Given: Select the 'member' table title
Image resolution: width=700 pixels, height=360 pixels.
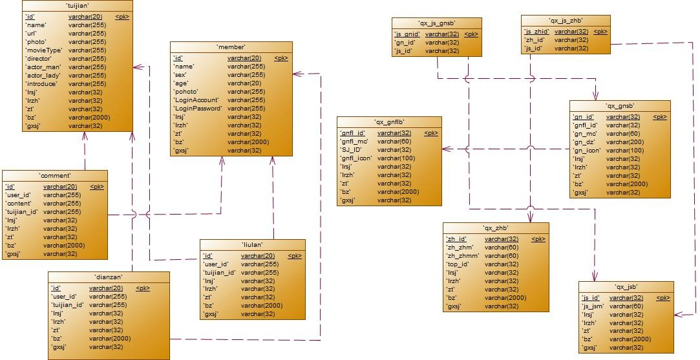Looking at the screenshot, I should (x=231, y=47).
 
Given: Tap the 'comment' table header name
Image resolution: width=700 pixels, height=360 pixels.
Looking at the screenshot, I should (x=54, y=175).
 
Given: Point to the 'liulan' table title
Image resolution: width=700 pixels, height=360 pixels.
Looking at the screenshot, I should (x=252, y=245).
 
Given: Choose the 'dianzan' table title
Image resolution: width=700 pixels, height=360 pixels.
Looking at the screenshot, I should (x=109, y=277).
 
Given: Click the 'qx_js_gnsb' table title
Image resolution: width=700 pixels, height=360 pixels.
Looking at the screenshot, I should (x=437, y=23).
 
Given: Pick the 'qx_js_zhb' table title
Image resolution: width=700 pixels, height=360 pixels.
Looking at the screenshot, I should (x=566, y=21).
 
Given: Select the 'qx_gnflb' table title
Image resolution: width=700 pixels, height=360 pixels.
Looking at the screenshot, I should (x=389, y=122).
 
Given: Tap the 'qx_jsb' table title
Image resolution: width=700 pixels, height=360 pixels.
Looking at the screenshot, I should (x=626, y=287).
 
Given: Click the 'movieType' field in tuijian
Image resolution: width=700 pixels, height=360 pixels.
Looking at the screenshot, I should (x=44, y=50).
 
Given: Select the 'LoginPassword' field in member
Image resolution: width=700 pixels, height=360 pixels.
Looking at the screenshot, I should (x=197, y=109).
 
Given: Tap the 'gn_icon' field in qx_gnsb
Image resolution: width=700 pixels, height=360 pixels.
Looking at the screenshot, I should (x=587, y=150).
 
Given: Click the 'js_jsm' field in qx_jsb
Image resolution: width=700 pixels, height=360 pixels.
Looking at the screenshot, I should (x=593, y=306).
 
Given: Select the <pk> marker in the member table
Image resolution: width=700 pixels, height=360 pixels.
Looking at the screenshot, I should (x=281, y=58).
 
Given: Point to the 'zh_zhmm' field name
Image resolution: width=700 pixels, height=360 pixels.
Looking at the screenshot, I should (x=461, y=256).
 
